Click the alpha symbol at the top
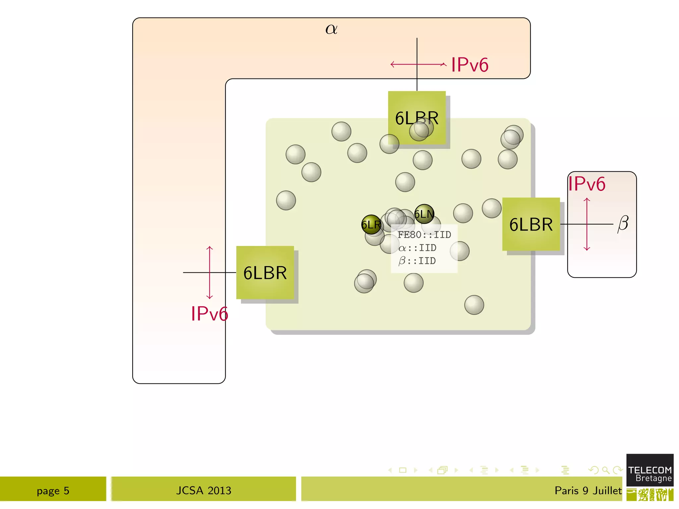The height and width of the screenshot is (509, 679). pos(331,29)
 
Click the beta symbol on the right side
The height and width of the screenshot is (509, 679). pos(623,224)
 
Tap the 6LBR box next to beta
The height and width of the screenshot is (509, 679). pos(531,224)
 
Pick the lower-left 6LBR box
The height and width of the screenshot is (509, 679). pos(265,273)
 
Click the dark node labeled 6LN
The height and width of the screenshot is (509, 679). pos(424,214)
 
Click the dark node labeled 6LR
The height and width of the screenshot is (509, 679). pos(371,225)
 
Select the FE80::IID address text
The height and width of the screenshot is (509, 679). pos(424,235)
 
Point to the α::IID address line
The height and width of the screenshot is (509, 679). pos(417,248)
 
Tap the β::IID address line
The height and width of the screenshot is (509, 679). pos(417,261)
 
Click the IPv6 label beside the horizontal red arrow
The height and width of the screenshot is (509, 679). pos(469,65)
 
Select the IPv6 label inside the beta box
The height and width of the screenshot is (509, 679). pos(586,184)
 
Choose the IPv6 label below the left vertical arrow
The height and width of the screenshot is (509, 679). pos(209,313)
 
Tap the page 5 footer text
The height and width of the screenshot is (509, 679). pos(53,490)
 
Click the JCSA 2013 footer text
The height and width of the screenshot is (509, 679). pos(204,490)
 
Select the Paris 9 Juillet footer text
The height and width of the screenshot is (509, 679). pos(588,490)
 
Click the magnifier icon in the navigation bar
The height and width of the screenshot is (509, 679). pos(605,470)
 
